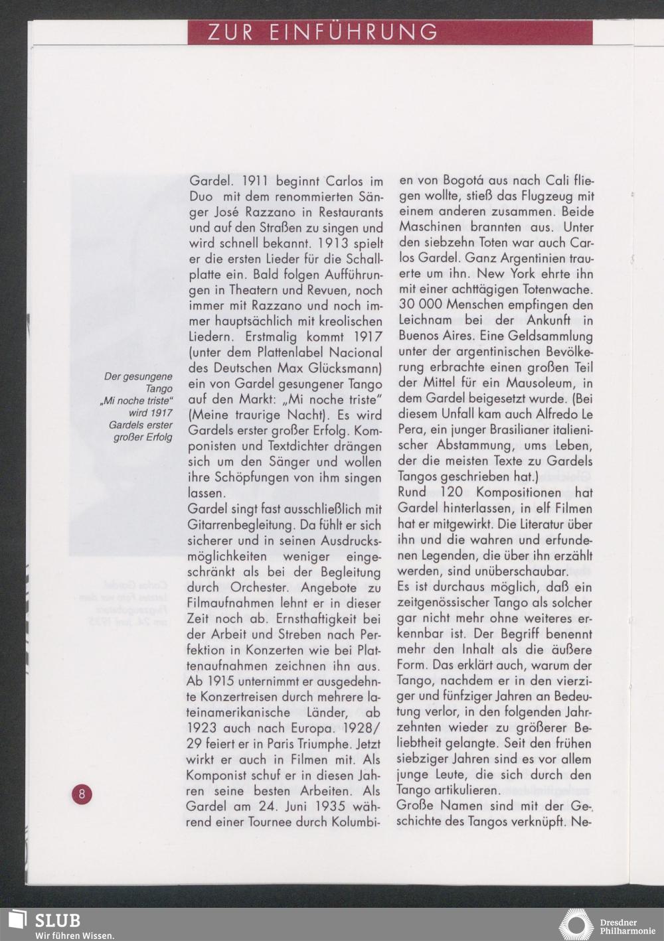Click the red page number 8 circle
click(x=82, y=794)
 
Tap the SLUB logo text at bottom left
click(x=58, y=920)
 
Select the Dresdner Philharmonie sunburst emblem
click(x=576, y=925)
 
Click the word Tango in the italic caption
click(x=159, y=389)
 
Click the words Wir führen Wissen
click(x=74, y=934)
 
